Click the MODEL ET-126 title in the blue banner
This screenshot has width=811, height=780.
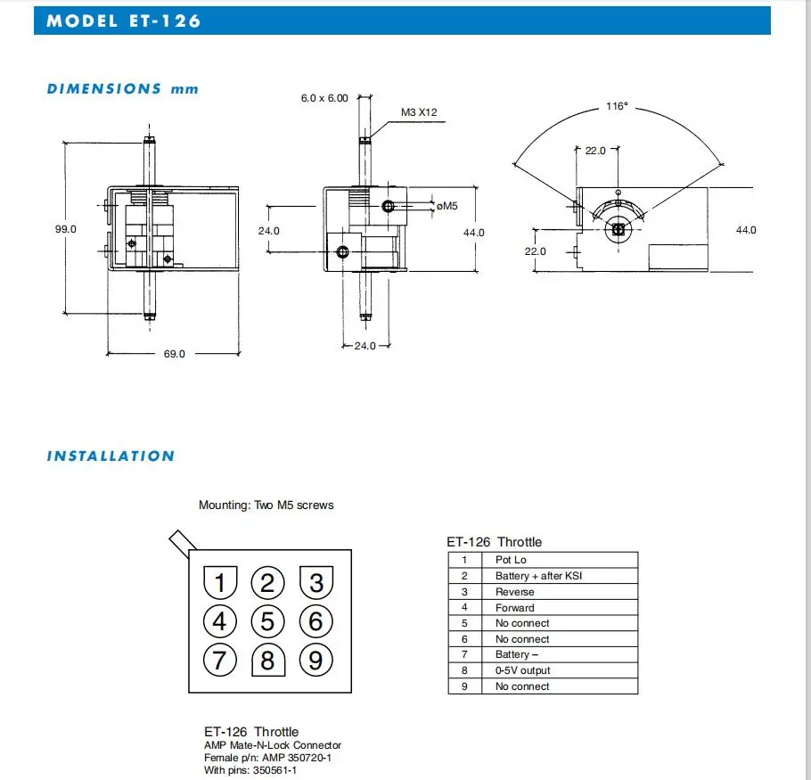click(x=124, y=21)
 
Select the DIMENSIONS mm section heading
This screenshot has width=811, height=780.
click(x=123, y=89)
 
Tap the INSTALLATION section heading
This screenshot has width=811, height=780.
click(x=111, y=456)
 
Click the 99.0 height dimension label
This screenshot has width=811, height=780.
click(x=66, y=229)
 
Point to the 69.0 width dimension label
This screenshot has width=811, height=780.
click(x=174, y=354)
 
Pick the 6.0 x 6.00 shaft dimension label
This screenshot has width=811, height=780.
click(x=324, y=98)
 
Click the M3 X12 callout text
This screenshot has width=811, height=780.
click(x=419, y=112)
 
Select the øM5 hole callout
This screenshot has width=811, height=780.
click(x=446, y=207)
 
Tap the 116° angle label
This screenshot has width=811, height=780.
click(x=618, y=106)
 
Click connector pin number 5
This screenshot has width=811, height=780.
click(x=267, y=621)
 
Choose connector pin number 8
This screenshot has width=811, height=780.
click(x=267, y=661)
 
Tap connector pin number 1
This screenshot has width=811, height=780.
click(x=220, y=583)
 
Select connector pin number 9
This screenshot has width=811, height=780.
click(x=315, y=661)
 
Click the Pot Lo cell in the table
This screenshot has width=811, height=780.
click(x=511, y=560)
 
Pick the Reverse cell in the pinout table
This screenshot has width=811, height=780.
click(x=515, y=592)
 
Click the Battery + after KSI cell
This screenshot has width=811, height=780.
click(x=538, y=576)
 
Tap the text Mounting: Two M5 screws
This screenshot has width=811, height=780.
click(x=266, y=505)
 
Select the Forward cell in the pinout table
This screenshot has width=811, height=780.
click(x=515, y=608)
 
